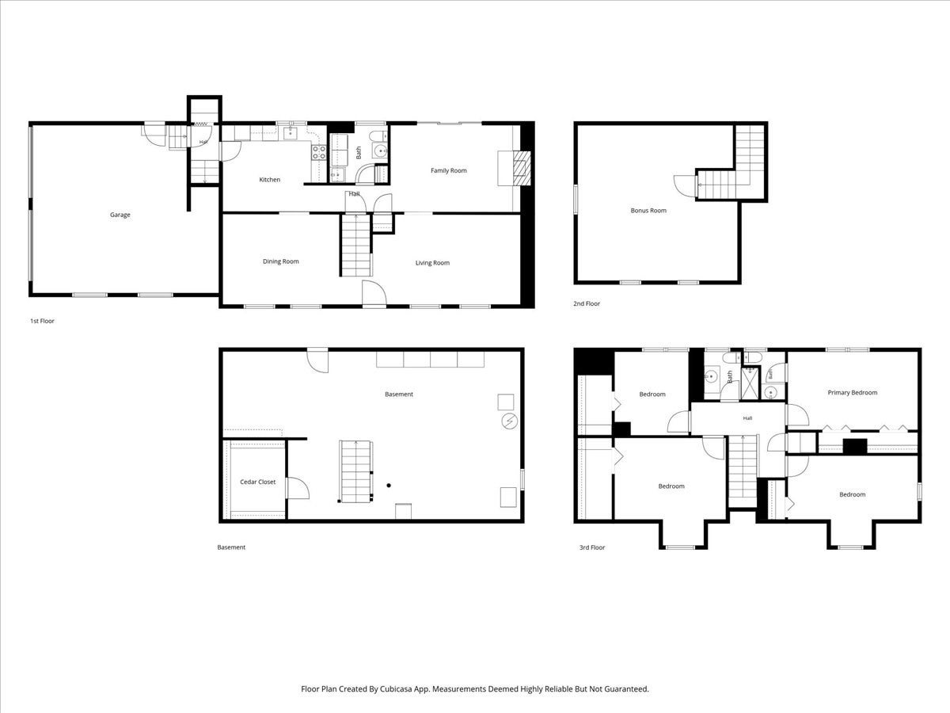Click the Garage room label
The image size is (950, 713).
tap(120, 215)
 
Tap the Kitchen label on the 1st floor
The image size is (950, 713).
tap(270, 180)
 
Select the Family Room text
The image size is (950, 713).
tap(448, 170)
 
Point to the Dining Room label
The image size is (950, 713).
tap(281, 261)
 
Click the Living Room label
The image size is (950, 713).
tap(432, 263)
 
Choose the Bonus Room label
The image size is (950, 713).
tap(648, 211)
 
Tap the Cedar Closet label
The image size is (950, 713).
tap(257, 482)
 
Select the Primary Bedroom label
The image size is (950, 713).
tap(852, 393)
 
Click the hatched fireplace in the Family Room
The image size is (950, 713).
tap(522, 169)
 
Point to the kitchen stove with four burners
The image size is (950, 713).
tap(319, 152)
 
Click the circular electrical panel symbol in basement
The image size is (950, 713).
tap(509, 421)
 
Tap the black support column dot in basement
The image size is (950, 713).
tap(389, 486)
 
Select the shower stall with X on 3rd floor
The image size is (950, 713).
tap(750, 383)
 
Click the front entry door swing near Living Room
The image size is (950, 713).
tap(374, 292)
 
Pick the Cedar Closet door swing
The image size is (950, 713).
tap(298, 488)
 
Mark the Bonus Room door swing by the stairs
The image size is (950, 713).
tap(685, 186)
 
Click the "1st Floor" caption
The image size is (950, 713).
tap(42, 321)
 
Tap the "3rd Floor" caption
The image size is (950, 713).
tap(592, 547)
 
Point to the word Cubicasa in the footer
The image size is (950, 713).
tap(397, 688)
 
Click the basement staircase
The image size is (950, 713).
tap(355, 471)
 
